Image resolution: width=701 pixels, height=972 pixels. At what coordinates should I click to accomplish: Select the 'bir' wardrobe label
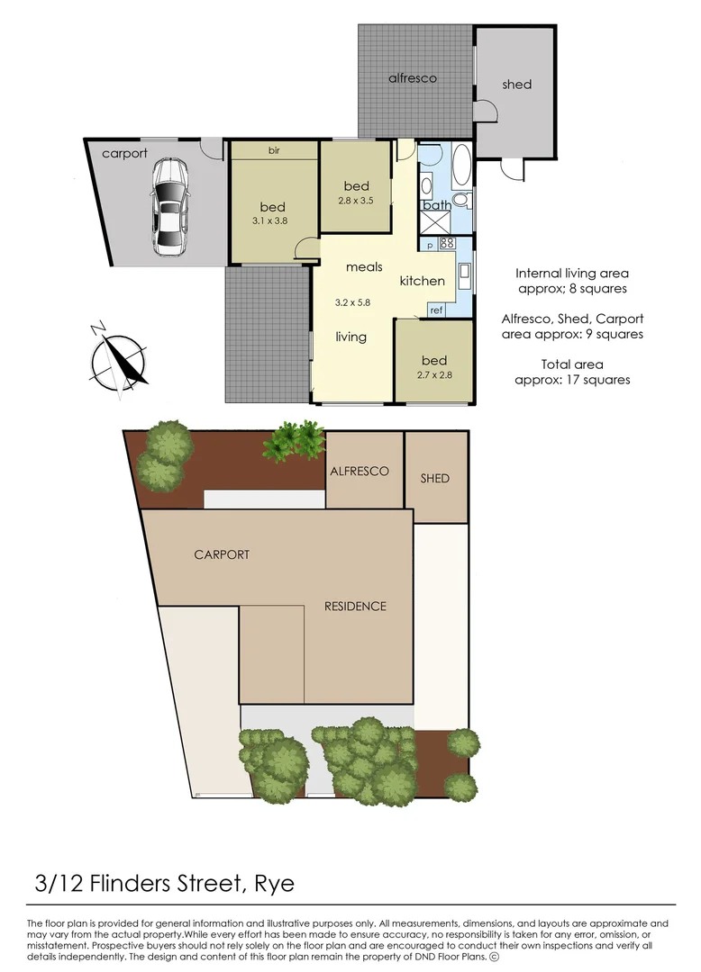(274, 150)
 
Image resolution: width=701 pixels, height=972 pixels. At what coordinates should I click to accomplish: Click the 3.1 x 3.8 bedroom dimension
(273, 220)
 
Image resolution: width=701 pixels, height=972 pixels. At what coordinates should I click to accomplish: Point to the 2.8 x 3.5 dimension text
(356, 202)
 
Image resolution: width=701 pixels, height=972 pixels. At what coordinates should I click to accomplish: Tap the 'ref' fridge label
(436, 310)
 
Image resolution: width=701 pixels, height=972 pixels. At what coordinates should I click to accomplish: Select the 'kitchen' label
(422, 281)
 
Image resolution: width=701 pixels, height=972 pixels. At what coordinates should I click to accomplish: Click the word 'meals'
(364, 267)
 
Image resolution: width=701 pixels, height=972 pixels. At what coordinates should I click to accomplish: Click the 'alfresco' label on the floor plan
(413, 78)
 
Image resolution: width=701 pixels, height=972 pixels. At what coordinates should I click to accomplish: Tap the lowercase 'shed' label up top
(516, 85)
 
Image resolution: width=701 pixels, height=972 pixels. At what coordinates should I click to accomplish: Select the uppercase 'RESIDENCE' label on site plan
(355, 607)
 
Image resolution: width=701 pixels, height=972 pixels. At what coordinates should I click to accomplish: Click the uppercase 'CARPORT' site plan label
(222, 554)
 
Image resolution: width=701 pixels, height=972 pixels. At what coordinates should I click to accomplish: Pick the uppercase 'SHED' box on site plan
(435, 478)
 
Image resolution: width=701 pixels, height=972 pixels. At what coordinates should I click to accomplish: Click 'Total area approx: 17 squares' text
(572, 372)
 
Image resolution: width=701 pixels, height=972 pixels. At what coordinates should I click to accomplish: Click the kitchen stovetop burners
(448, 243)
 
